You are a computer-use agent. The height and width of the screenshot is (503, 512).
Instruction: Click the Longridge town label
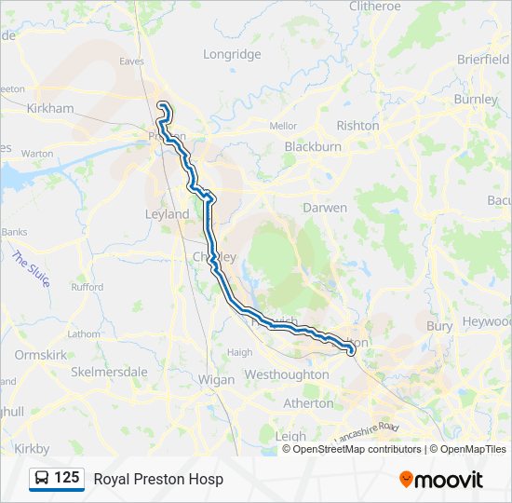[232, 54]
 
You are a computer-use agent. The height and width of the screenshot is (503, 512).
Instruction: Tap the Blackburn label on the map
[313, 146]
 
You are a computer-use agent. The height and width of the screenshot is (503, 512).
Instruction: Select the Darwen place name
[325, 208]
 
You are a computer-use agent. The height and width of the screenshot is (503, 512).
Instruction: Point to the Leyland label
[167, 213]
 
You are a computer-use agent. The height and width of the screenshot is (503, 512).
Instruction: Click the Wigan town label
[216, 379]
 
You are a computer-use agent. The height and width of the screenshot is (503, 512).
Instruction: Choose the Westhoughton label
[286, 374]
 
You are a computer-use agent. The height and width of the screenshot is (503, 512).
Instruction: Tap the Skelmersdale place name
[109, 372]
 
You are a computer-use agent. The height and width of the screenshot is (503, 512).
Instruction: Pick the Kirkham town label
[49, 108]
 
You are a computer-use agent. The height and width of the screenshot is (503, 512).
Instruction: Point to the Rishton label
[357, 125]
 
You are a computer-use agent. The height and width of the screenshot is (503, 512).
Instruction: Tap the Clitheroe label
[374, 6]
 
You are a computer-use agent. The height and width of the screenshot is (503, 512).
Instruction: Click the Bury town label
[438, 326]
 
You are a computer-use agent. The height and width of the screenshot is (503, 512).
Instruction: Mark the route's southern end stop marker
[351, 351]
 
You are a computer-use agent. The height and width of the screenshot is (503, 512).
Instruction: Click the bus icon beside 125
[42, 479]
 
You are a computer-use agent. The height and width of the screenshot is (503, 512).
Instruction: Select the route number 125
[66, 478]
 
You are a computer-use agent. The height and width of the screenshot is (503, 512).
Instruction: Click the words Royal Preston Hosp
[158, 479]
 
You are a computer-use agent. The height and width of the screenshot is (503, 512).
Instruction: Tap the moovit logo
[441, 479]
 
